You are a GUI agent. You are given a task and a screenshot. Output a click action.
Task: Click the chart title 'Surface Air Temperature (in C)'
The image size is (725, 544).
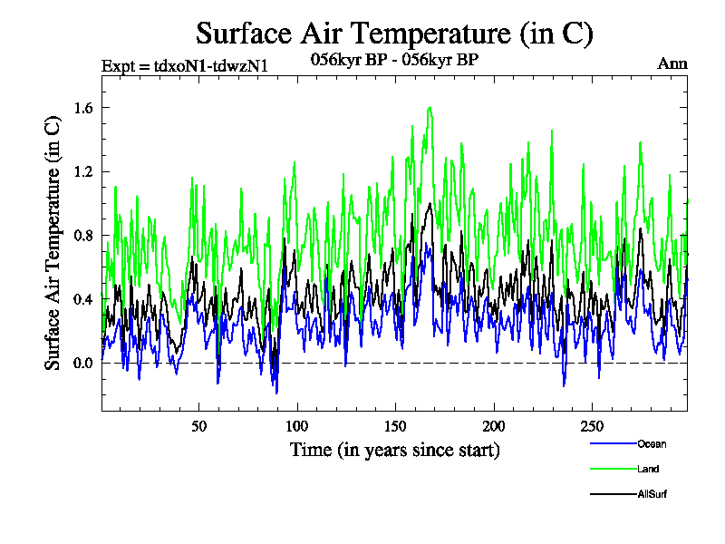(394, 34)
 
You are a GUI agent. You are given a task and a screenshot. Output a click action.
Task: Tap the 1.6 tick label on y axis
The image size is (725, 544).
(82, 108)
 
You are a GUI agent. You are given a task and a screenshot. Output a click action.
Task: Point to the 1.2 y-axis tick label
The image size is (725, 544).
(82, 171)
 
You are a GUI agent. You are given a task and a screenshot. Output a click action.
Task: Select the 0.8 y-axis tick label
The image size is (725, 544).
(82, 236)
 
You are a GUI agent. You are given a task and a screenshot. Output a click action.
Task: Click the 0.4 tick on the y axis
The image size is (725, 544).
(82, 299)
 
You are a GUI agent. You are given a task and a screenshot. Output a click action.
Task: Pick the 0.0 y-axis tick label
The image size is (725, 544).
(82, 364)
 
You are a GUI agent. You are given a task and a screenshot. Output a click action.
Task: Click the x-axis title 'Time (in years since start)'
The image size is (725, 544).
(394, 450)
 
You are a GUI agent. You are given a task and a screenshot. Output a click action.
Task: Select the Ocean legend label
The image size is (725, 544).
(651, 444)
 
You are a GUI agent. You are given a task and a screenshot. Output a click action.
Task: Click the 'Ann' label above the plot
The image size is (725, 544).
(672, 63)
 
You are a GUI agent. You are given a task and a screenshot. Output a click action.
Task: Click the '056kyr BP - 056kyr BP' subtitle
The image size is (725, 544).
(394, 59)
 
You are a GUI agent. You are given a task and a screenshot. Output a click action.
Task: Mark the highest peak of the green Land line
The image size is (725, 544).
(430, 107)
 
